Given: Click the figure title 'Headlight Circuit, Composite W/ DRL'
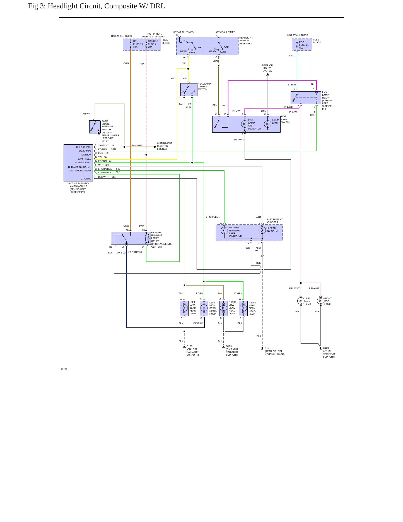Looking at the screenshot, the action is coord(106,6).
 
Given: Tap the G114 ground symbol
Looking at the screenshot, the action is coord(262,349).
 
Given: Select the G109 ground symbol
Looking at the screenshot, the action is coord(223,347).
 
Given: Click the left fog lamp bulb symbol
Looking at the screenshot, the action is coord(301,301).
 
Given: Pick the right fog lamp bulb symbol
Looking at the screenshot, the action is coord(320,301).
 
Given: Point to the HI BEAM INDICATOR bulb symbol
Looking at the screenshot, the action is coord(262,230).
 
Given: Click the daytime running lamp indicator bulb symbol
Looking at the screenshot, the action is coord(224,231).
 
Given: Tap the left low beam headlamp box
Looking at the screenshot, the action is coord(184,308).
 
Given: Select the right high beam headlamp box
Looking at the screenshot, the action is coord(243,308).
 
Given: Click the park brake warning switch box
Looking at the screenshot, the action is coord(95,127).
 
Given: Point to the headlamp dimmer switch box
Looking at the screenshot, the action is coord(189,90).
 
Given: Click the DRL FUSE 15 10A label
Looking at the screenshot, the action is coord(138,44).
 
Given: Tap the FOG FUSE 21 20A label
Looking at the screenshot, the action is coord(304,45).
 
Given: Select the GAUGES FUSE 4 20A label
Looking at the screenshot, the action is coord(153,44).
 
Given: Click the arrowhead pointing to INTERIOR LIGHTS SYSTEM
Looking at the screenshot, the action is coord(268,74).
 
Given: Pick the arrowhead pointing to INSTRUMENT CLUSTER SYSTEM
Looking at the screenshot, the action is coord(155,147).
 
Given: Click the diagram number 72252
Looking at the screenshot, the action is coord(64,369).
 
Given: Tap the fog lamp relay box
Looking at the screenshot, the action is coord(306,98).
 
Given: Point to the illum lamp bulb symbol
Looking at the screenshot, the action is coord(267,124).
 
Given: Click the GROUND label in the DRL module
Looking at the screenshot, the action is coord(86,179).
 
